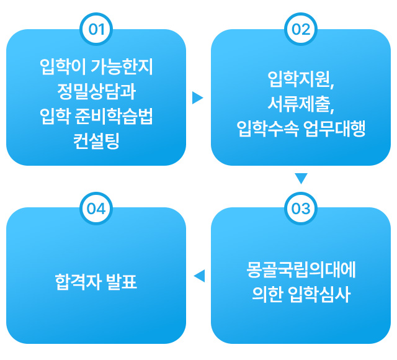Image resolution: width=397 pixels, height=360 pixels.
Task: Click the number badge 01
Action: [x=96, y=29]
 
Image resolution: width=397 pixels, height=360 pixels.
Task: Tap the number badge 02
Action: [x=301, y=29]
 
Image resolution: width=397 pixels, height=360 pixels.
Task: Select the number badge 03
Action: [x=301, y=208]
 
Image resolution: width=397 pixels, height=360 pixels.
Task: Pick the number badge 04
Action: [x=96, y=208]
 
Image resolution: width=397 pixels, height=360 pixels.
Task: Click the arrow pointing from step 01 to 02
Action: [x=198, y=97]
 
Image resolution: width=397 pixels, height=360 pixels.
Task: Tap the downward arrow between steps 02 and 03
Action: [x=301, y=179]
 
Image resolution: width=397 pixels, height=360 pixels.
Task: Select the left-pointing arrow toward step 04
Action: [x=198, y=276]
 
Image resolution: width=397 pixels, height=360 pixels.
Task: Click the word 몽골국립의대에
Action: [x=301, y=271]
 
